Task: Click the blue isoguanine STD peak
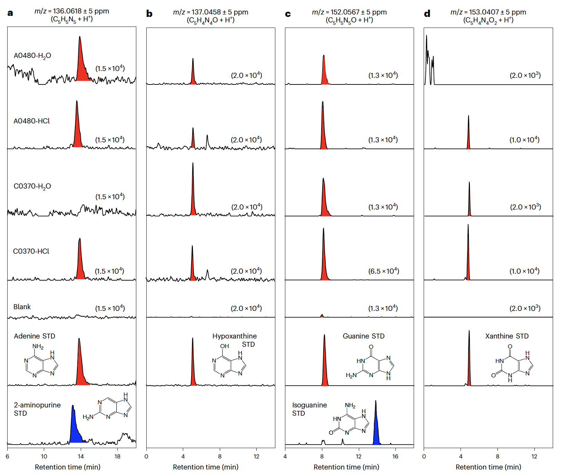click(x=376, y=431)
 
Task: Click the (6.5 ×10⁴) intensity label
click(x=383, y=271)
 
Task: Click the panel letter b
click(x=149, y=14)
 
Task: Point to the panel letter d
click(x=427, y=14)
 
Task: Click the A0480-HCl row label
click(x=31, y=121)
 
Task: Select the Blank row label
click(x=22, y=307)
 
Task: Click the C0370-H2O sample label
click(x=32, y=186)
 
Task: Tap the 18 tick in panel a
click(x=117, y=456)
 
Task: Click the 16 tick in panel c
click(x=395, y=456)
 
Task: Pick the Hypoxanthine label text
click(x=234, y=336)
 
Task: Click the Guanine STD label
click(x=363, y=336)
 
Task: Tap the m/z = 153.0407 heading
click(x=488, y=12)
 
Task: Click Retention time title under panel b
click(x=206, y=467)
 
